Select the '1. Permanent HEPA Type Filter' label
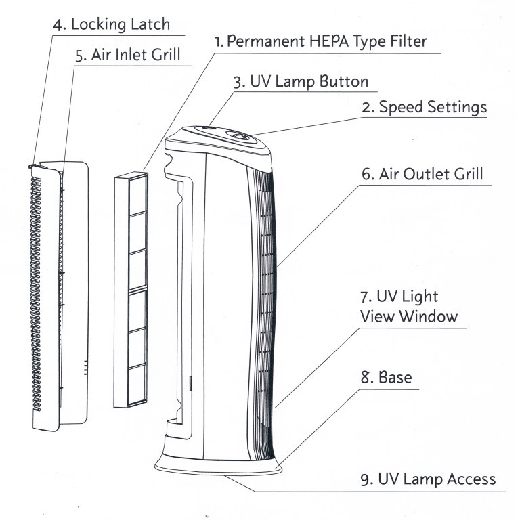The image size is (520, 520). tap(320, 41)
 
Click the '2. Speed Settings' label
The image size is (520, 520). tap(423, 106)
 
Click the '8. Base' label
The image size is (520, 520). tap(385, 376)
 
